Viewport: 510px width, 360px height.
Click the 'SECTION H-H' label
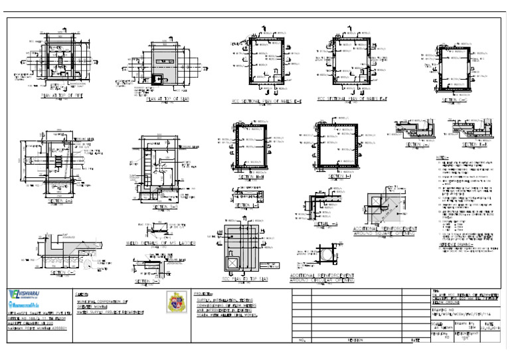coord(249,177)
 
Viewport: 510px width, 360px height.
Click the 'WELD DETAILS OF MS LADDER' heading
coord(162,244)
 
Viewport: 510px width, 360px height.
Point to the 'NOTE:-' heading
coord(442,157)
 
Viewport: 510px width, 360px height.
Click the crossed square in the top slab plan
coord(232,262)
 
